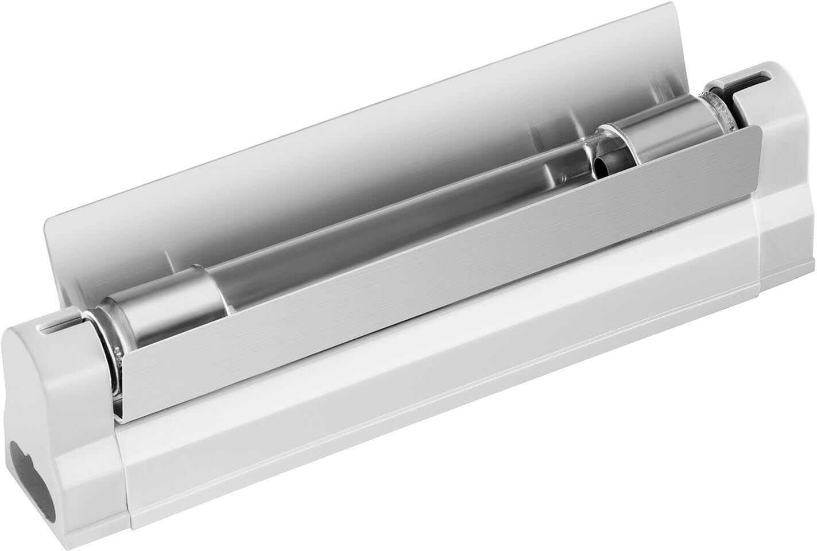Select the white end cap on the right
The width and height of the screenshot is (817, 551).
(x=781, y=143)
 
